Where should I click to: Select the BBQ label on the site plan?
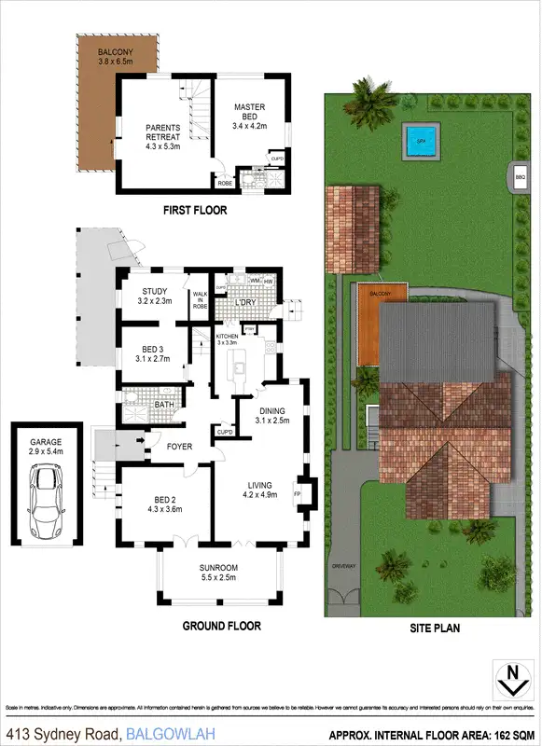tap(518, 175)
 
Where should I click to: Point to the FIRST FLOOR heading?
tap(195, 211)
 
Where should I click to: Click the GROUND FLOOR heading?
tap(221, 626)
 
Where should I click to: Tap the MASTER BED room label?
tap(249, 114)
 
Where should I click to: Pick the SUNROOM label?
tap(220, 573)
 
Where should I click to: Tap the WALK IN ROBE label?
tap(200, 298)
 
